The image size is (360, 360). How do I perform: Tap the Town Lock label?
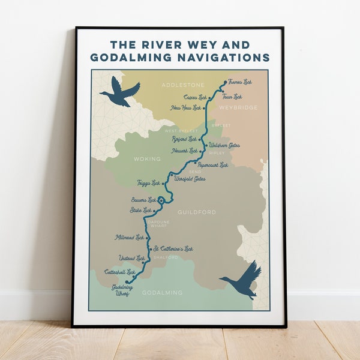[232, 97]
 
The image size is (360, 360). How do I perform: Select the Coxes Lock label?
[195, 97]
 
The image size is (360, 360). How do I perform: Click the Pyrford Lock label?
[184, 139]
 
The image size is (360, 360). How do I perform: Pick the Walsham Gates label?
[224, 145]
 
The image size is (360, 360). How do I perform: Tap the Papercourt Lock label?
[214, 165]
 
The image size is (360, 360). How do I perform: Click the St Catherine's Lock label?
[174, 248]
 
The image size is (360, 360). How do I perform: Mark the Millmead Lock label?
[130, 238]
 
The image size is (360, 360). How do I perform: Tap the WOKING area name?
[148, 159]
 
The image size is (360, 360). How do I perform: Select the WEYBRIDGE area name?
[238, 107]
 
